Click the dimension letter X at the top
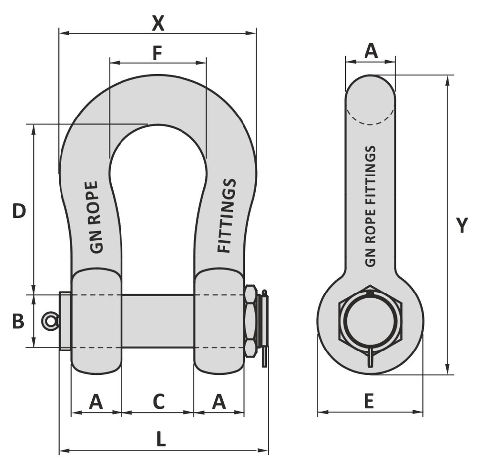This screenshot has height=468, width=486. [158, 23]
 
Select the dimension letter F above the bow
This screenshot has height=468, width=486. [157, 53]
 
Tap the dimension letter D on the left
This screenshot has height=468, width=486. [19, 212]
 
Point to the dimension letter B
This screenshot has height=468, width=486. [18, 321]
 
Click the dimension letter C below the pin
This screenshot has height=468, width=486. [158, 402]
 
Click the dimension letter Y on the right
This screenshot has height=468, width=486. [462, 226]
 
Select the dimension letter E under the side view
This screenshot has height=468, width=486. [369, 402]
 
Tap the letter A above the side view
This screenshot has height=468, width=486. [371, 51]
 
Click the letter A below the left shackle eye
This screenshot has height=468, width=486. [96, 402]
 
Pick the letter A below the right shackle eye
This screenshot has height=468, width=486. [219, 402]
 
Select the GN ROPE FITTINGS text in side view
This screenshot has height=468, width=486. [370, 206]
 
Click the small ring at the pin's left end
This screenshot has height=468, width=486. [50, 321]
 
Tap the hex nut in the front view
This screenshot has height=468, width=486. [251, 321]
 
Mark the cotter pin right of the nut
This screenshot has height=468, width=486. [265, 327]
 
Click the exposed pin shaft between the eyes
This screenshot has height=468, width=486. [158, 321]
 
